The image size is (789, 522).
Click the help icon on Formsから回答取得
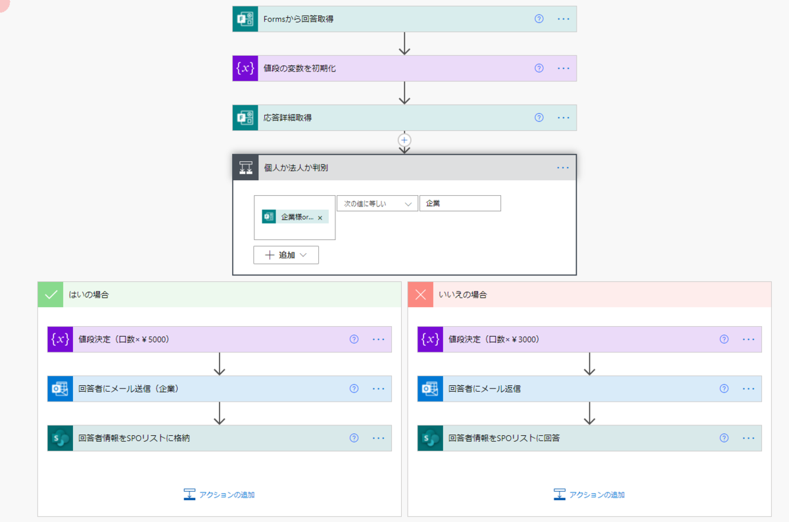[539, 18]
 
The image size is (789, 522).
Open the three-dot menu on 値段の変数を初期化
[563, 68]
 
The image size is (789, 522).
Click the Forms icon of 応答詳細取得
[245, 118]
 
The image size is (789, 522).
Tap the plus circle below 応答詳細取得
[404, 140]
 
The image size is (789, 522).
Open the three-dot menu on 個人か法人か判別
[563, 168]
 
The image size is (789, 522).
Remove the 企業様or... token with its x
[320, 218]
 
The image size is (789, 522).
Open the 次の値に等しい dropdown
[377, 204]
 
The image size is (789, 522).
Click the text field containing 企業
[460, 203]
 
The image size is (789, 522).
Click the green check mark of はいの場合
[51, 295]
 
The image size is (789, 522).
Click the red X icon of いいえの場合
[421, 295]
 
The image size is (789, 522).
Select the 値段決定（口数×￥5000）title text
[124, 339]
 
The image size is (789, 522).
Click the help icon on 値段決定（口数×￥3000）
[724, 339]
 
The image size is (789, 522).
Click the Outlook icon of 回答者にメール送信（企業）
[60, 389]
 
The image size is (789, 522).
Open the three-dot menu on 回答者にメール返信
[748, 389]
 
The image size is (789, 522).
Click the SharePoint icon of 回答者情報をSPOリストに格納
[60, 438]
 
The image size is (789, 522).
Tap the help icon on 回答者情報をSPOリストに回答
[724, 438]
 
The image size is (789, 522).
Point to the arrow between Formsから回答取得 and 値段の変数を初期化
[404, 43]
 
